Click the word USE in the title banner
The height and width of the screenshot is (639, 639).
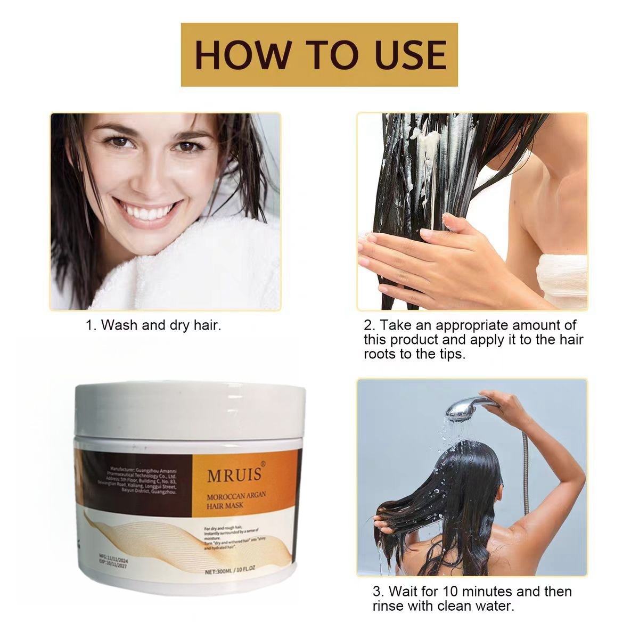click(x=411, y=54)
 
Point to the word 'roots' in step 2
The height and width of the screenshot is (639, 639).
click(x=381, y=354)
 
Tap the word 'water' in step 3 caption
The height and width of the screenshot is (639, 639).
click(x=495, y=606)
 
